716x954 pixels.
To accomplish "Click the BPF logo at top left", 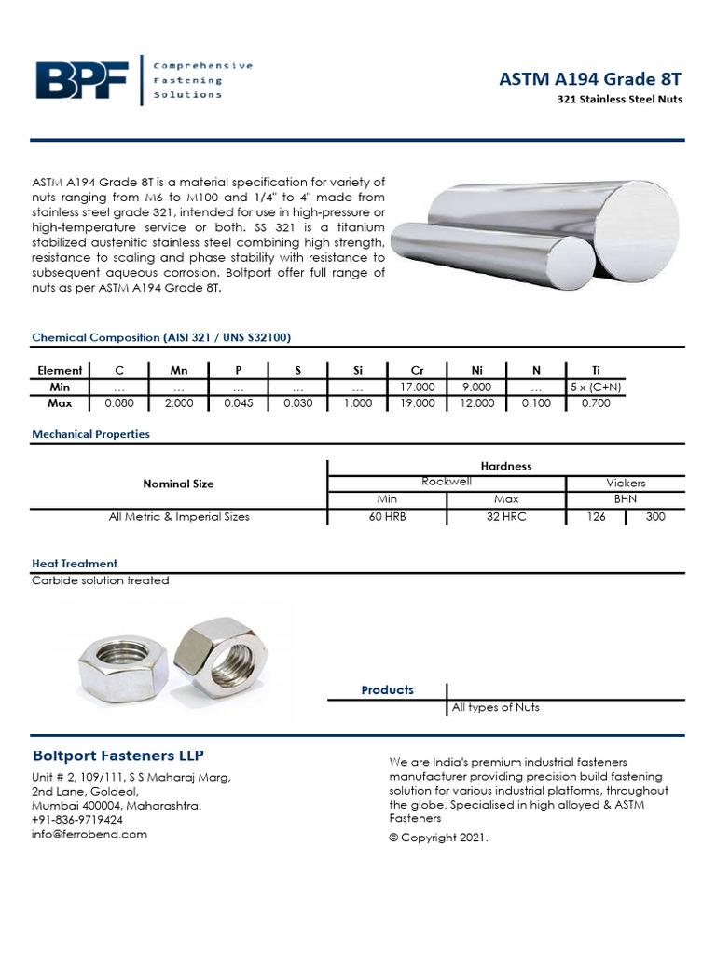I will coord(82,80).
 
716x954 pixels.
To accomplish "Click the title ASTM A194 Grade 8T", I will coord(591,81).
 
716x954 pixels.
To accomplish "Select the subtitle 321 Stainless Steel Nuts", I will coord(620,100).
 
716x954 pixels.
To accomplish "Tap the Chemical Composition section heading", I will coord(167,337).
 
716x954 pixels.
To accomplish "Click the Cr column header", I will coord(417,370).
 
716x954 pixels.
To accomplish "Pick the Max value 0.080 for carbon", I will coord(118,403).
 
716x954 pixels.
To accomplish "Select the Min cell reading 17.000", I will coord(417,387).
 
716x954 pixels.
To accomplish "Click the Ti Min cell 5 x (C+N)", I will coord(596,387).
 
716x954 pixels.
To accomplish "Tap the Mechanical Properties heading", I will coord(90,434).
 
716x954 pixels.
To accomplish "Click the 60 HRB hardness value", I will coord(387,516).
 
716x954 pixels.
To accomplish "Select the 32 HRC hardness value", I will coord(506,516).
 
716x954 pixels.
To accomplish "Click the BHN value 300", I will coord(654,516).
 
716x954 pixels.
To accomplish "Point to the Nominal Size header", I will coord(178,484).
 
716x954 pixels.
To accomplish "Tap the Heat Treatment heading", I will coord(75,564).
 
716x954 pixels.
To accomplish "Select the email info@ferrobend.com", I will coord(89,834).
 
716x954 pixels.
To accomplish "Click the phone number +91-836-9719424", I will coord(76,820).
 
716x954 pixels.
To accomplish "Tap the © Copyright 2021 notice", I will coord(438,838).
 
